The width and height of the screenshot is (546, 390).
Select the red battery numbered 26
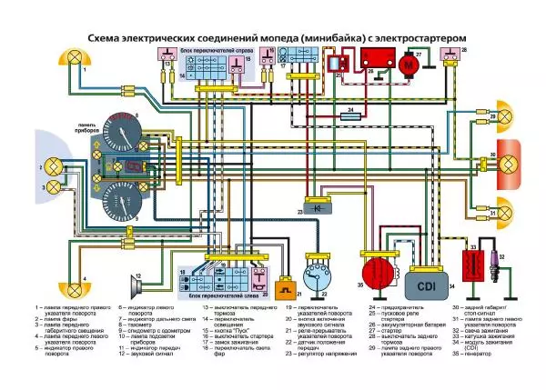(375, 60)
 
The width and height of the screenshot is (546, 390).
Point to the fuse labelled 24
(349, 115)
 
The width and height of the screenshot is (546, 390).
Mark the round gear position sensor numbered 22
(317, 285)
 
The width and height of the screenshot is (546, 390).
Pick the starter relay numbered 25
(340, 63)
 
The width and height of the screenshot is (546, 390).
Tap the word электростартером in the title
(414, 37)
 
